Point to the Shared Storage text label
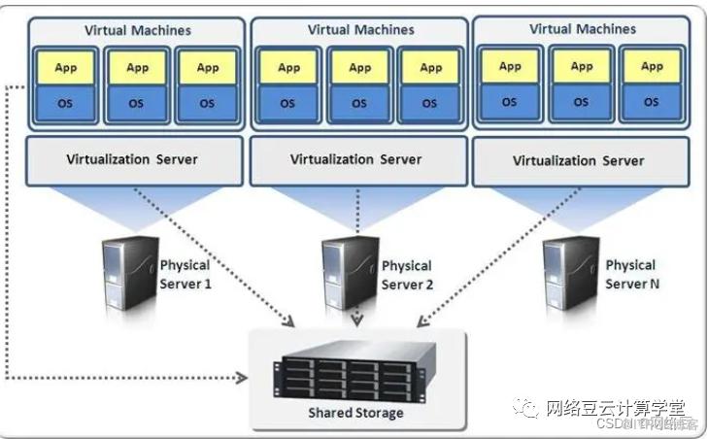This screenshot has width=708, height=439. (355, 413)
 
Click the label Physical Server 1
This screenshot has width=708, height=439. (185, 274)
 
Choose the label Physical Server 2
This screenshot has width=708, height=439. (407, 274)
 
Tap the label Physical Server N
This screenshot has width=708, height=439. (630, 274)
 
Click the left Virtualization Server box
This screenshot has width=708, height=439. (132, 159)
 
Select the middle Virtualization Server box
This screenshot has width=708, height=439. (355, 159)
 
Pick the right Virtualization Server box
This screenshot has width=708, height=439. (578, 159)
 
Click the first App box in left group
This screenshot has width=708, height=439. (65, 68)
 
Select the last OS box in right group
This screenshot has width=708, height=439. (650, 102)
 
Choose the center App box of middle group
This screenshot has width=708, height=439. (360, 68)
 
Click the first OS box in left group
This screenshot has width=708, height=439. (65, 103)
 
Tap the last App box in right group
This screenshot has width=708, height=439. (650, 67)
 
